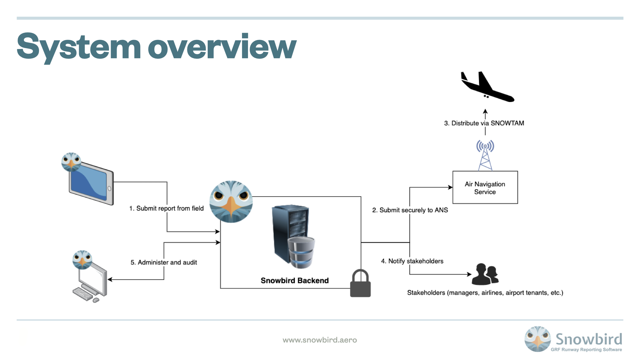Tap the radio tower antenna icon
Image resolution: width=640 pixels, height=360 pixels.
(x=485, y=155)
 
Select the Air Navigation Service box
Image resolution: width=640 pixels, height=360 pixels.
(x=485, y=188)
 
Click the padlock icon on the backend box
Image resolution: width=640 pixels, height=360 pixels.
(x=360, y=284)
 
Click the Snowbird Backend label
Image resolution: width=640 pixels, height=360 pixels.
(x=295, y=281)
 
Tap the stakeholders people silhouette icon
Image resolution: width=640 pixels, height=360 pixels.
(x=485, y=274)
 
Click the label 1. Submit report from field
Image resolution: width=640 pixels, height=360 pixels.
(x=166, y=208)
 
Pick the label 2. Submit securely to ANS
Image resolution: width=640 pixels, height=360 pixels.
(x=410, y=210)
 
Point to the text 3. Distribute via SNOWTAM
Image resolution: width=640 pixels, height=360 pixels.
(x=484, y=123)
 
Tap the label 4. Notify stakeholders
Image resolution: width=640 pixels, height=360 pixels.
(x=412, y=261)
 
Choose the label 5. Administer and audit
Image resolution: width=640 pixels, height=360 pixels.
(x=164, y=262)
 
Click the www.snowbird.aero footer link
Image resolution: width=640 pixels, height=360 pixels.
(x=320, y=340)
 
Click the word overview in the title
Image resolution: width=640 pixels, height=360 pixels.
(x=222, y=47)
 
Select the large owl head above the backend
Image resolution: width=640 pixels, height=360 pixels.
(x=231, y=201)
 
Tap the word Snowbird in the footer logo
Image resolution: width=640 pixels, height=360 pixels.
(x=589, y=339)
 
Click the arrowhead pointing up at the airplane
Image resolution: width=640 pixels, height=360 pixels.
(x=485, y=111)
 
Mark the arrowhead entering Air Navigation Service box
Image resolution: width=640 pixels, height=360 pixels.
(x=450, y=187)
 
